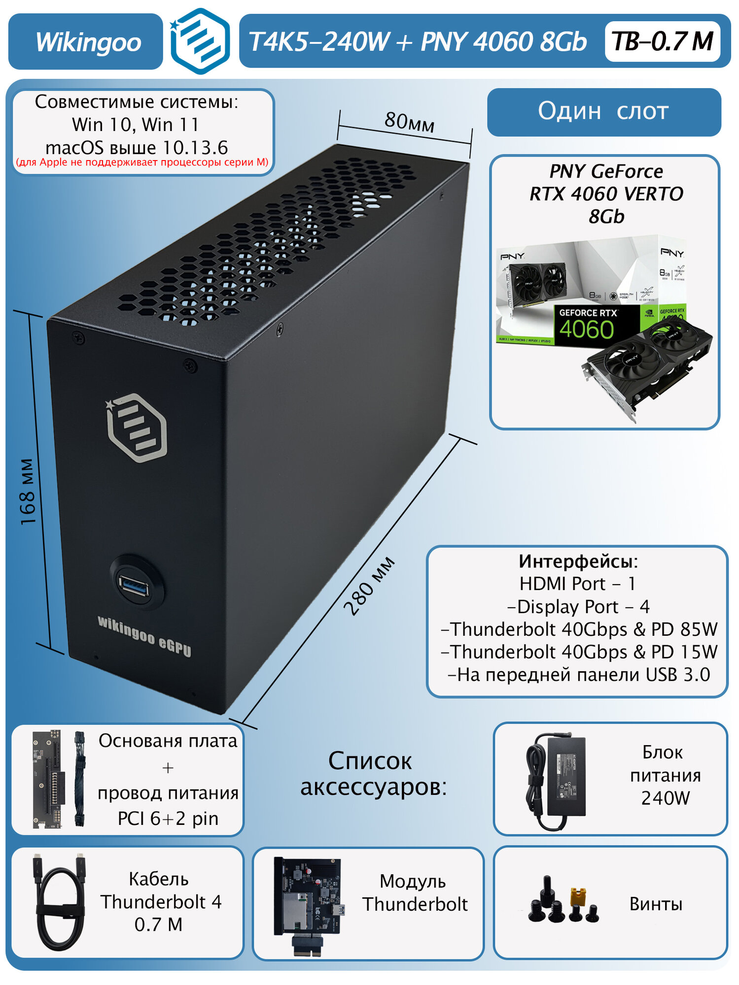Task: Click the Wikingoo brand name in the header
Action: (88, 42)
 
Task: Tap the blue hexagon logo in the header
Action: (200, 41)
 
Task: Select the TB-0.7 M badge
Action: (662, 41)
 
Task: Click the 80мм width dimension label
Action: (409, 122)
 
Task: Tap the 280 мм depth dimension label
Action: (369, 586)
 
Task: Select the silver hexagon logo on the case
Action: (137, 427)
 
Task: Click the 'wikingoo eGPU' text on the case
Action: (144, 636)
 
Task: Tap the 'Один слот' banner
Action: (603, 111)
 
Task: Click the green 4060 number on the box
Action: (586, 329)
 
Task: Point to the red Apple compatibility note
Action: (142, 163)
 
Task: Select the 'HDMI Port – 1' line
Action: (577, 584)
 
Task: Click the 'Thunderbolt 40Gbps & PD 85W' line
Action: (579, 629)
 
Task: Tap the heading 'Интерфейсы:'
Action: (578, 561)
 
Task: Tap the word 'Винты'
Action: (656, 904)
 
